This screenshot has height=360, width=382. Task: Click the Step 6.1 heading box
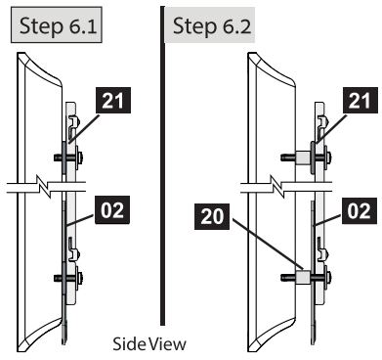pos(57,25)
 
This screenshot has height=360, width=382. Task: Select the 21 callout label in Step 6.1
pos(112,101)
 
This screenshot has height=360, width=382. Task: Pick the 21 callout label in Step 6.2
pos(360,101)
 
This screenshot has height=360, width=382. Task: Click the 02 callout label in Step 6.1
pos(112,210)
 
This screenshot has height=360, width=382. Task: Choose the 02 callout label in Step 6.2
pos(359,210)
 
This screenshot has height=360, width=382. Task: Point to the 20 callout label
pos(212,216)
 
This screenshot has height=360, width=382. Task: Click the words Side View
pos(149,344)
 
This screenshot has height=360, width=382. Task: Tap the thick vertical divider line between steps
pos(163,165)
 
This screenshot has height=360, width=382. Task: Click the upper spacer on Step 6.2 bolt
pos(304,157)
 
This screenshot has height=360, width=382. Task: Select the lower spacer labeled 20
pos(303,278)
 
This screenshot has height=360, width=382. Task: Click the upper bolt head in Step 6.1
pos(79,157)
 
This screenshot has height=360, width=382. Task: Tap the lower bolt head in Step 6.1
pos(79,278)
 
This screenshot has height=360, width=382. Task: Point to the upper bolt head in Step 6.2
pos(327,157)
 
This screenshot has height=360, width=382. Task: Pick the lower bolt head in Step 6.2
pos(327,278)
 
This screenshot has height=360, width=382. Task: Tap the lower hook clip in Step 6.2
pos(322,249)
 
